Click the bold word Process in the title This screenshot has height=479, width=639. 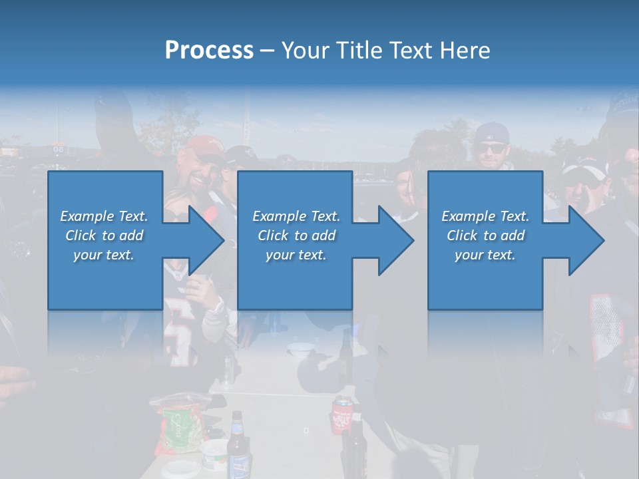coord(209,50)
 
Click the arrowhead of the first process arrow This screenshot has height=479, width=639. coord(206,240)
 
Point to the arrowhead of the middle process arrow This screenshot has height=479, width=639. coord(396,240)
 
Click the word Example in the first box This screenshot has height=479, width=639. coord(87,216)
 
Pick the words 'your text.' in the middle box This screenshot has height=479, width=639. coord(296,255)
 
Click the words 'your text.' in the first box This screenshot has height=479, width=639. coord(104,255)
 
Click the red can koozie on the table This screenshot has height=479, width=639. coord(341,412)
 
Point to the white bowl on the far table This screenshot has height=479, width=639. coord(300,347)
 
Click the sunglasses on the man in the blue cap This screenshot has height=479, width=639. coord(493,146)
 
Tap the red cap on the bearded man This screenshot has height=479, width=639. coord(203,146)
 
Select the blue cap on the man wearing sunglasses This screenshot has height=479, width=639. coord(491,132)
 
